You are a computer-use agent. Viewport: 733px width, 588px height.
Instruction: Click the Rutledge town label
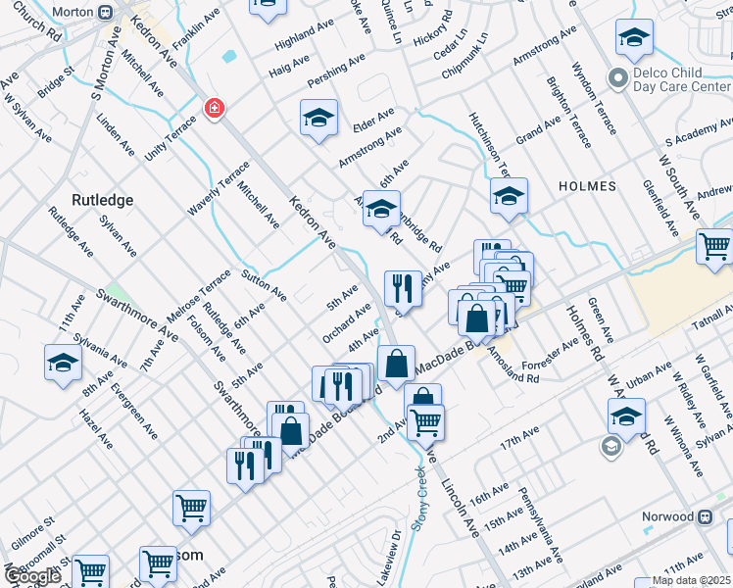(102, 200)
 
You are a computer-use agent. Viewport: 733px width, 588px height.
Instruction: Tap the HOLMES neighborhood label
(587, 186)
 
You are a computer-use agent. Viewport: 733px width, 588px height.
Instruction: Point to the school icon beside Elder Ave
(318, 120)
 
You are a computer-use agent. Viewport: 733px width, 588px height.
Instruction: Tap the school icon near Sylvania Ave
(63, 363)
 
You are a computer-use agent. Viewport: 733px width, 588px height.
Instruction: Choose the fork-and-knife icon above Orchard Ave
(403, 289)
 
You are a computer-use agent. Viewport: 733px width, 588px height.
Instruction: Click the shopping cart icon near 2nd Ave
(425, 423)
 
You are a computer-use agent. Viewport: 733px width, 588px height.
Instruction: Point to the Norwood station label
(687, 516)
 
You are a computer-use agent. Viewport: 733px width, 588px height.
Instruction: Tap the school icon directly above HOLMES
(509, 197)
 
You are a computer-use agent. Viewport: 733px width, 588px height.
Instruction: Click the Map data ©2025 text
(678, 580)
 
